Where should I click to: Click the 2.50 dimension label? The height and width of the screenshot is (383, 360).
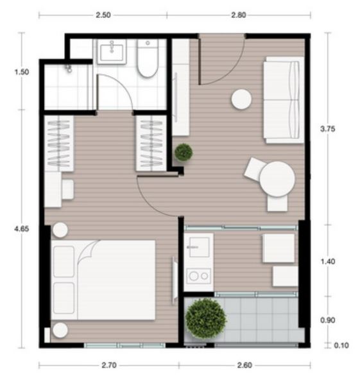103,15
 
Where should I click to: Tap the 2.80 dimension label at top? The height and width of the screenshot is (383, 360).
239,15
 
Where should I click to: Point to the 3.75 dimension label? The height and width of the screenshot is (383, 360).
327,129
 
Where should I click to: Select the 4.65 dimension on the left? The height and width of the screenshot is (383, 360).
22,229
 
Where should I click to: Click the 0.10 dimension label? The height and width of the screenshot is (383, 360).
341,345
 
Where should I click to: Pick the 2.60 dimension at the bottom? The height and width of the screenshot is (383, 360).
244,365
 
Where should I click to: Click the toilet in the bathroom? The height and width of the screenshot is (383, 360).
148,58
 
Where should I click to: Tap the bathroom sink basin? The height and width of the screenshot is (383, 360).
112,52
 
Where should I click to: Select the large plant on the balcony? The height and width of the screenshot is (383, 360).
206,318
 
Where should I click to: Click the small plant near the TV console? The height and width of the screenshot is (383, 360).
184,153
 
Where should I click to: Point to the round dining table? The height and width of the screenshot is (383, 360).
277,179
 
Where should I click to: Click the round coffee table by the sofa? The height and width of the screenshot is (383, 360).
241,99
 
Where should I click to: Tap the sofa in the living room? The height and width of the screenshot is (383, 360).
284,100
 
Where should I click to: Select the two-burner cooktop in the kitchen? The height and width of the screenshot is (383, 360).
199,276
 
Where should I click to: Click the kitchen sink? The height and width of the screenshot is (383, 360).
199,247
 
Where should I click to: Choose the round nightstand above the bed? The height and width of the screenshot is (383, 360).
60,230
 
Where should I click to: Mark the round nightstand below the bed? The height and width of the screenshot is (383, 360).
60,330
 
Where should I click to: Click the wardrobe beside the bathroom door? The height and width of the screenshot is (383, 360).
151,143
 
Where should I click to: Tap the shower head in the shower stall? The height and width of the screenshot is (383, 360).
69,69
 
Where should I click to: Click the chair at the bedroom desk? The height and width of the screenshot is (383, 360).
67,189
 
